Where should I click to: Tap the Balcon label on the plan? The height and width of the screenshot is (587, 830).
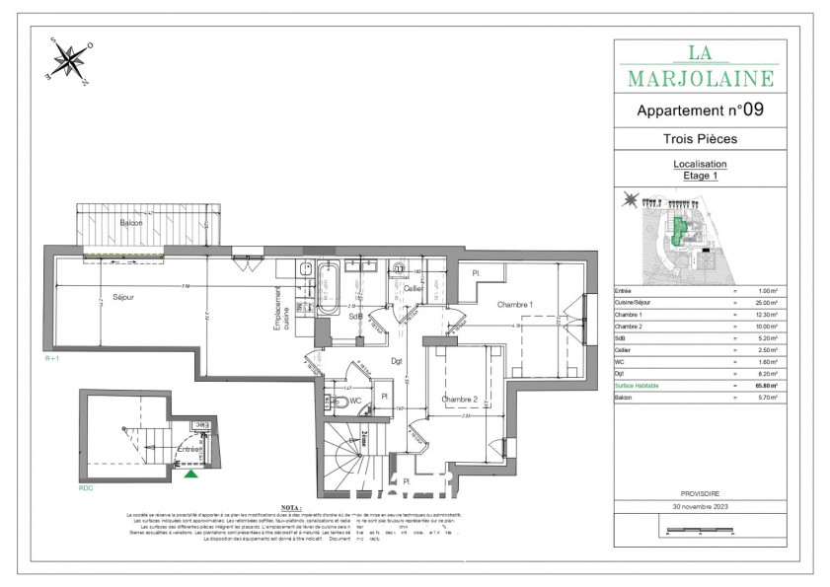click(132, 224)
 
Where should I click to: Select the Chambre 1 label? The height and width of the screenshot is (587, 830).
click(514, 305)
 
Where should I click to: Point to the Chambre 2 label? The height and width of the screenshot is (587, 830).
click(459, 400)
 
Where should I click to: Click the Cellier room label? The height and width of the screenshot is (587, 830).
click(413, 288)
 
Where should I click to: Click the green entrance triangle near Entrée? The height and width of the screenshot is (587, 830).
click(190, 473)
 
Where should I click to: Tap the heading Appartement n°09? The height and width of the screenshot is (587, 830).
click(700, 110)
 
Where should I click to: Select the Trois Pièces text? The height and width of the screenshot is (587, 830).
click(700, 139)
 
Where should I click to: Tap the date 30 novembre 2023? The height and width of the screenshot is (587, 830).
click(700, 506)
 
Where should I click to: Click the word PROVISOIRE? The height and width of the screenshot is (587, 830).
click(700, 492)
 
